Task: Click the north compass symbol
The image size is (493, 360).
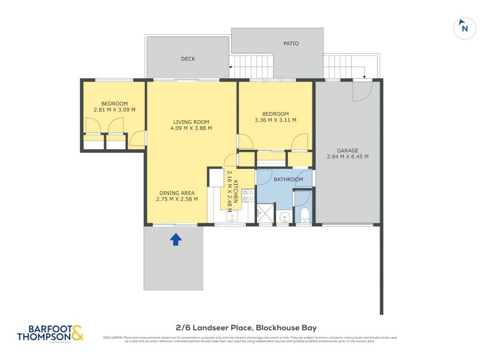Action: click(465, 28)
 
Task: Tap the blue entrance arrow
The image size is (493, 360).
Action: click(176, 239)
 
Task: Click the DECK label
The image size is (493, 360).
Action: click(188, 59)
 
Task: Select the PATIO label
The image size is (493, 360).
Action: click(291, 44)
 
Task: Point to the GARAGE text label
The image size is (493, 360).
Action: click(348, 150)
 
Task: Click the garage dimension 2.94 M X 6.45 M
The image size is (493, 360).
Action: click(348, 157)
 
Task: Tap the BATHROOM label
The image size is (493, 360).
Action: click(288, 179)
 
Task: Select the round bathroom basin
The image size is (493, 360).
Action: click(284, 217)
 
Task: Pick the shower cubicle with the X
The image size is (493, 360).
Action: click(264, 215)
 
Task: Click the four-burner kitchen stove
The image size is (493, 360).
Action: click(248, 195)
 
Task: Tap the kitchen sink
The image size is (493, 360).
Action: click(234, 218)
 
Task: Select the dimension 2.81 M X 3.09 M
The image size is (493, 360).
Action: click(115, 110)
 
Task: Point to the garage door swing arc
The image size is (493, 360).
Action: click(362, 92)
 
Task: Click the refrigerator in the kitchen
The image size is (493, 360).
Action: click(216, 178)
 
